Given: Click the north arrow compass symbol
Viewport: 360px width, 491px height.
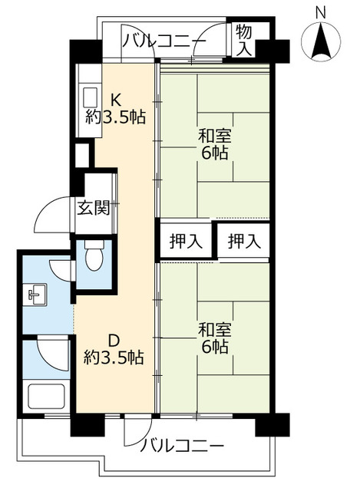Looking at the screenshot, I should (x=321, y=39).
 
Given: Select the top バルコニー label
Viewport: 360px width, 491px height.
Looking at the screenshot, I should (x=163, y=41).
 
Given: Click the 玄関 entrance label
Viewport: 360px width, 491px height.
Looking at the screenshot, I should (x=92, y=207).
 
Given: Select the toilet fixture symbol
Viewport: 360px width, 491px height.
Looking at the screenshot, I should (x=94, y=258).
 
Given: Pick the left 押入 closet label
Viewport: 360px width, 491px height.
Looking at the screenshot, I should (x=186, y=242).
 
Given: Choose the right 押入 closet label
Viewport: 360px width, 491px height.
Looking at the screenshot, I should (x=243, y=242).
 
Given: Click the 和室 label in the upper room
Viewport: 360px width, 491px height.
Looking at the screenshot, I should (x=215, y=136).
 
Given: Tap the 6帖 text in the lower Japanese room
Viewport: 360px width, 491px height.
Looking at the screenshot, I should (x=215, y=347).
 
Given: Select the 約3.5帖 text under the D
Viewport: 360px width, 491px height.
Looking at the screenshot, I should (x=114, y=357).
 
